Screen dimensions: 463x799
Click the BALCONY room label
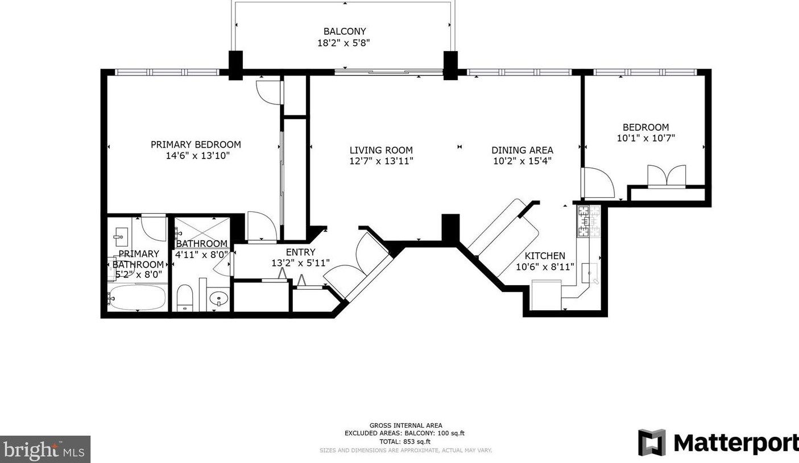coord(345,31)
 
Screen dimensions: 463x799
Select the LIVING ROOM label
coord(381,150)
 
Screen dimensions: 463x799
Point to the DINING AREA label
coord(522,150)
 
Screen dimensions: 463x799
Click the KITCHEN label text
coord(545,256)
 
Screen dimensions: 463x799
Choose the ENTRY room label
coord(300,252)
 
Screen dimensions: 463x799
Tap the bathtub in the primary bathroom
coord(138,297)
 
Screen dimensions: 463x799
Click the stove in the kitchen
coord(589,221)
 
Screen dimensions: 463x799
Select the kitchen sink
coord(590,273)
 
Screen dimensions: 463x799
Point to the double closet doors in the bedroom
coord(666,176)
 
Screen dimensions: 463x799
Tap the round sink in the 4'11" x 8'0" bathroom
coord(218,298)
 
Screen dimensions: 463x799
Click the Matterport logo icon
coord(652,443)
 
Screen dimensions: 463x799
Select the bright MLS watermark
coord(45,449)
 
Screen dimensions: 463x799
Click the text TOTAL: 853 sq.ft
coord(405,441)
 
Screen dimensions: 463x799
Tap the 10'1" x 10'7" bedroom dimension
coord(645,137)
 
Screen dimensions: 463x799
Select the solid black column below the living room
coord(450,228)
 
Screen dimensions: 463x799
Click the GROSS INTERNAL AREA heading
coord(405,425)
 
